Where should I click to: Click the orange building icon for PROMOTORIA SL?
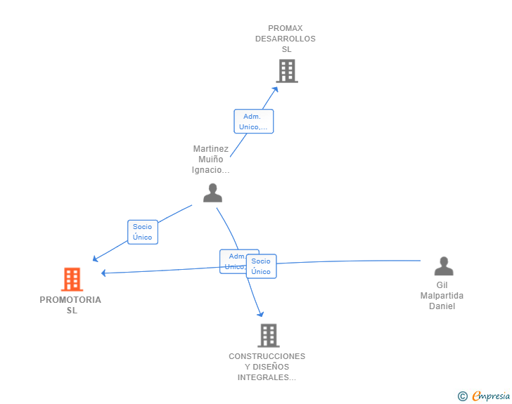(x=72, y=279)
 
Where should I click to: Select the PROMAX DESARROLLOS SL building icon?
(x=286, y=71)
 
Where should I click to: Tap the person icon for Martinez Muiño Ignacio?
(x=212, y=193)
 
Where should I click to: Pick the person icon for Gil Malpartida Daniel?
(x=443, y=266)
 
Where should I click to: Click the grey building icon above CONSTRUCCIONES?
(x=268, y=335)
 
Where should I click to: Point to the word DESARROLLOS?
(x=286, y=39)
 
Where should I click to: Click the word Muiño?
(x=211, y=159)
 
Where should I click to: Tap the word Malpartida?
(x=442, y=296)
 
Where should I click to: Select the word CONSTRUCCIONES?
(x=267, y=356)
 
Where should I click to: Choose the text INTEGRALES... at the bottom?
(x=267, y=377)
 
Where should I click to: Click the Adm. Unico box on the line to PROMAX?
(x=253, y=122)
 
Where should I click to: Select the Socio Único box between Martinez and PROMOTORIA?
(x=143, y=232)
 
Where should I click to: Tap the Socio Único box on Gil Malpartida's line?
(x=262, y=266)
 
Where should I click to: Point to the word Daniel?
(x=442, y=306)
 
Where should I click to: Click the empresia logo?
(x=491, y=396)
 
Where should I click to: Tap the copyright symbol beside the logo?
(x=462, y=396)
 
